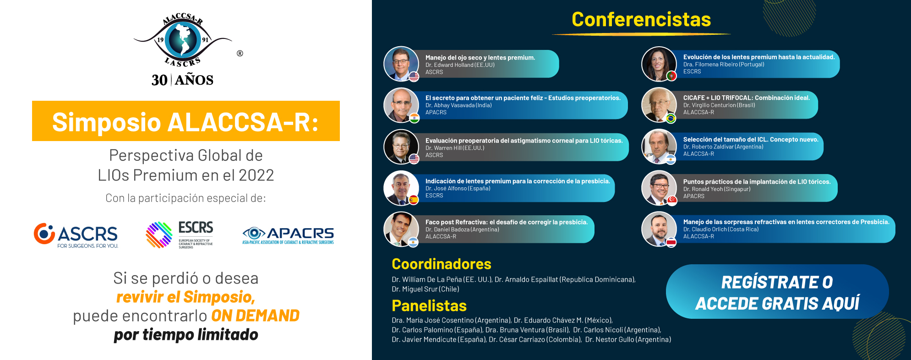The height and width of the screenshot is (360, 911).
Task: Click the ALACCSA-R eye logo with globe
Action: [x=183, y=40]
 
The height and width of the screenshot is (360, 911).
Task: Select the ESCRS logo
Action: [x=180, y=235]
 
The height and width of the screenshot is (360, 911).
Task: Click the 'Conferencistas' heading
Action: [x=641, y=20]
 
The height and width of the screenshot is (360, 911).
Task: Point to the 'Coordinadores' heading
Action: [x=442, y=264]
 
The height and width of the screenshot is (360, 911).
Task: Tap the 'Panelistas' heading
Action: [x=429, y=305]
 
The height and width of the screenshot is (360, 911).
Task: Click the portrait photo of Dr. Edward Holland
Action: [x=401, y=64]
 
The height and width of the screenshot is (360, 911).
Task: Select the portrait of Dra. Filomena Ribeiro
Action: [x=659, y=64]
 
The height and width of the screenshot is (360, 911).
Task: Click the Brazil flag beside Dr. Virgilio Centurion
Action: [x=671, y=119]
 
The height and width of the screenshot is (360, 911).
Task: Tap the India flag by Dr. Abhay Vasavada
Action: [x=414, y=118]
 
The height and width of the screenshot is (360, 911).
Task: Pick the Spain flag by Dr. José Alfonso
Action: [x=413, y=200]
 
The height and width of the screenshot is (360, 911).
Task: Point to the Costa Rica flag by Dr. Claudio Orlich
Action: [x=671, y=242]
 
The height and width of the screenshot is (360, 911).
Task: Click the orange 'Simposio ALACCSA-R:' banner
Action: [x=186, y=121]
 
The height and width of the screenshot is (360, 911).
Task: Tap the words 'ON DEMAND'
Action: [x=255, y=316]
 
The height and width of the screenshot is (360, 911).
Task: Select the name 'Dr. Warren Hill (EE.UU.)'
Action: [x=455, y=148]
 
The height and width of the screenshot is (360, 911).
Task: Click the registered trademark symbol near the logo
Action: [x=240, y=54]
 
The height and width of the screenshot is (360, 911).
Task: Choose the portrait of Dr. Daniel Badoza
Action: [x=401, y=229]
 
